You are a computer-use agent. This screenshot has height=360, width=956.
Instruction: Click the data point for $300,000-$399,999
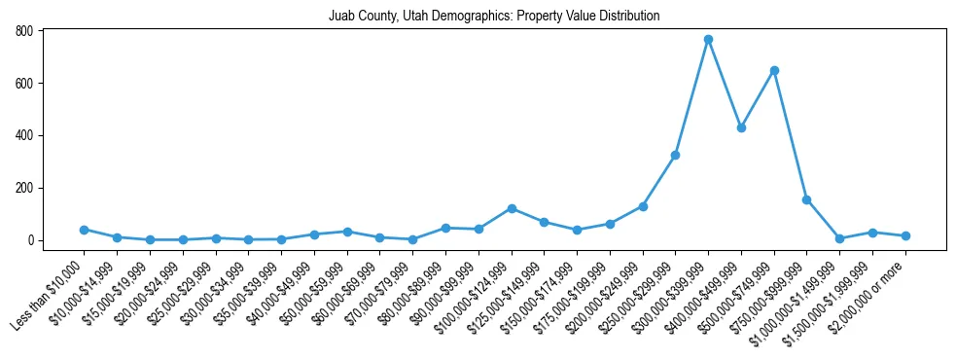tap(708, 39)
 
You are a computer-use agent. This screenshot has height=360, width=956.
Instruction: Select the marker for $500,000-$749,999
tap(774, 70)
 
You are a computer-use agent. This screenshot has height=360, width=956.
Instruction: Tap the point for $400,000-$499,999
tap(741, 127)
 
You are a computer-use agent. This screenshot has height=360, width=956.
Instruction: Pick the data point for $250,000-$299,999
tap(675, 155)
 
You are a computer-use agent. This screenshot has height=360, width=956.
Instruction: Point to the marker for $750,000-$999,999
tap(806, 199)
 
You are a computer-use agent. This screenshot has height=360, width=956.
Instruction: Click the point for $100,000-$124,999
tap(512, 208)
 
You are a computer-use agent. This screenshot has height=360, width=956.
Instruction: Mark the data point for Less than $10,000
tap(85, 230)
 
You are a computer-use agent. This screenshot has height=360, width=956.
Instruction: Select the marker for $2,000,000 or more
tap(905, 235)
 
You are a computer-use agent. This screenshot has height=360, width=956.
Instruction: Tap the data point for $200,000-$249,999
tap(643, 206)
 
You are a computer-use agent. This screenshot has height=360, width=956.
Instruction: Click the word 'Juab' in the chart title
tap(342, 16)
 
